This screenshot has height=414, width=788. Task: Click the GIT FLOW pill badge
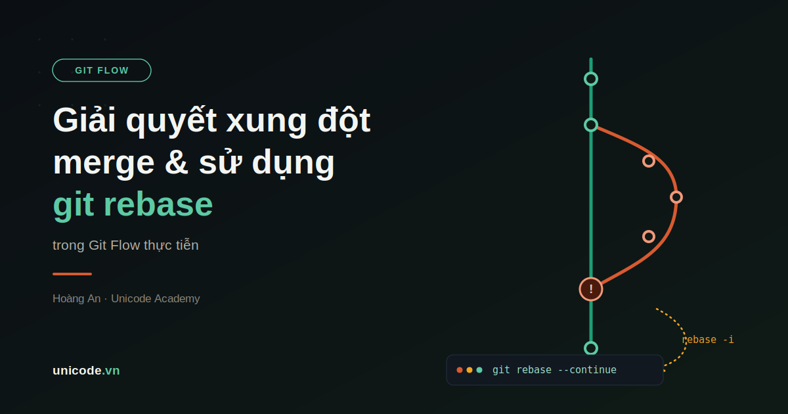102,70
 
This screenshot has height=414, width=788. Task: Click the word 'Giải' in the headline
85,120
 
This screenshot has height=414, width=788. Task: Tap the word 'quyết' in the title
171,121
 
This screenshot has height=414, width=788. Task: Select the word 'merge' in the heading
104,163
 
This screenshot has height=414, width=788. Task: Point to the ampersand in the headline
177,162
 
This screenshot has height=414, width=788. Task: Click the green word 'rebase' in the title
158,204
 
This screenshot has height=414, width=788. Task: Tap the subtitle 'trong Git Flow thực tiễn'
125,245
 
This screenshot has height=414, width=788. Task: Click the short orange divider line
72,274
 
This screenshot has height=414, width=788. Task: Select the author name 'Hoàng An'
76,298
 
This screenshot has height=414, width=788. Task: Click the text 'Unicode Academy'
156,298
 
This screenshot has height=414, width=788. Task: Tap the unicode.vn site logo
86,371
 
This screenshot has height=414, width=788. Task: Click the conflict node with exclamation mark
591,289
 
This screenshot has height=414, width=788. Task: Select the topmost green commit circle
591,79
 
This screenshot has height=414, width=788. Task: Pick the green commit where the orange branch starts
591,125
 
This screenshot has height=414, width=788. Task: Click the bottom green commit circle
591,348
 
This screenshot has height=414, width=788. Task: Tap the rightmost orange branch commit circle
676,197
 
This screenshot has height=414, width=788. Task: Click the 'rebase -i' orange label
708,340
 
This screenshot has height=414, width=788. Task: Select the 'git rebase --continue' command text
554,370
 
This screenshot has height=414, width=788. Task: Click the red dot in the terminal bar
460,370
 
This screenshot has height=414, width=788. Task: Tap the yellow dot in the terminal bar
470,370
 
